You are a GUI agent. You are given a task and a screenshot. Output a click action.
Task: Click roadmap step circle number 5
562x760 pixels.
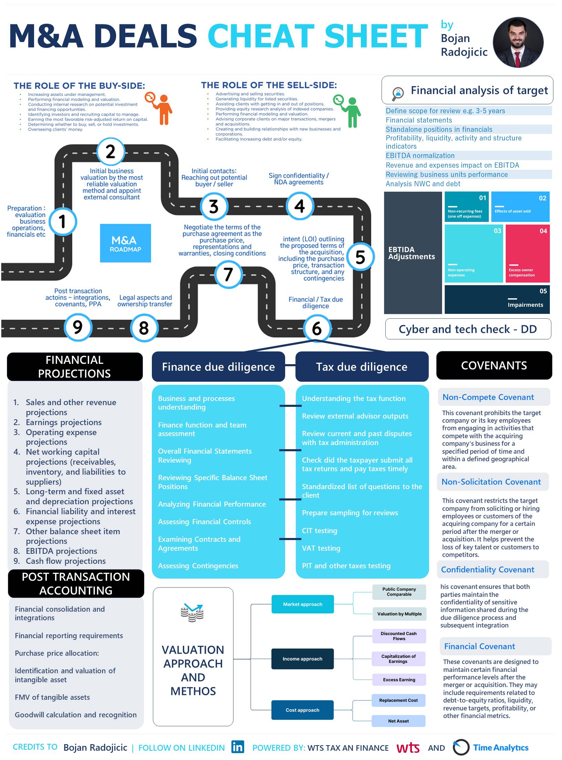(360, 257)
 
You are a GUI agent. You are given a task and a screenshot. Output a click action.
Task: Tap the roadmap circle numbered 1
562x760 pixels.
(62, 221)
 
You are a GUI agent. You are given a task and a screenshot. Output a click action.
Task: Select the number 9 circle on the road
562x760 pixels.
(78, 327)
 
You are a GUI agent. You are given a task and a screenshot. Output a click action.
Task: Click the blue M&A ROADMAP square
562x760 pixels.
(125, 243)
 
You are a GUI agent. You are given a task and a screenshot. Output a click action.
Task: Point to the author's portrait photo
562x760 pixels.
(518, 42)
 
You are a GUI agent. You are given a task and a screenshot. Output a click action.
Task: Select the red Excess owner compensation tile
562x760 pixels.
(527, 253)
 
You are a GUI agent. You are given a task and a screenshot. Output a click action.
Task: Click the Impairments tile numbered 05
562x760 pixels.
(497, 299)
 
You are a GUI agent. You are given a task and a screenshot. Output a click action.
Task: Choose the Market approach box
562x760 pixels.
(302, 604)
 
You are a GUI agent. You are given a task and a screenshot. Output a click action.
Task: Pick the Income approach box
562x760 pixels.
(302, 659)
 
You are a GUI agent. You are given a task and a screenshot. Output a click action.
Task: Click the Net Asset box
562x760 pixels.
(398, 721)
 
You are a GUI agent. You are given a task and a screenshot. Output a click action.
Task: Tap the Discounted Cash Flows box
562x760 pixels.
(399, 636)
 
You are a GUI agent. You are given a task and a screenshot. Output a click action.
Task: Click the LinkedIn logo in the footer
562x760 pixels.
(238, 747)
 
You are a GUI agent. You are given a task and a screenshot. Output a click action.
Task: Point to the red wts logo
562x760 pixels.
(408, 748)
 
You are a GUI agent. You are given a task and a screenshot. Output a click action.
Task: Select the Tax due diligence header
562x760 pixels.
(362, 367)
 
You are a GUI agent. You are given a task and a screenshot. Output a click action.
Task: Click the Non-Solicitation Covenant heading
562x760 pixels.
(491, 482)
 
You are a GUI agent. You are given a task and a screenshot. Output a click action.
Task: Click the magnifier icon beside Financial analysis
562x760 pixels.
(398, 93)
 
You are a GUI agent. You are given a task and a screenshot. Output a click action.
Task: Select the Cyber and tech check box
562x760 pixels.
(468, 329)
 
